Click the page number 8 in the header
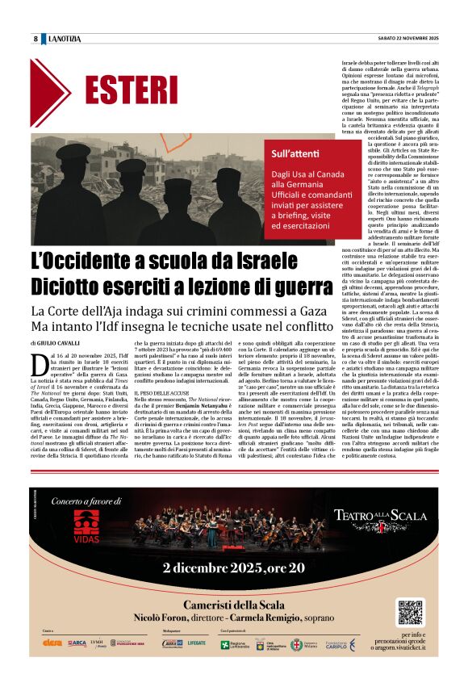pyautogui.click(x=36, y=40)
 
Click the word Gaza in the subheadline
pyautogui.click(x=319, y=311)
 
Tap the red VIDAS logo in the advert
pyautogui.click(x=90, y=526)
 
